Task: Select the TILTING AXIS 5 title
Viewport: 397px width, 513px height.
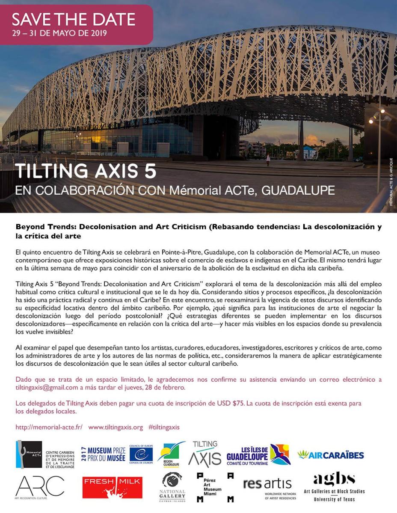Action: pyautogui.click(x=86, y=171)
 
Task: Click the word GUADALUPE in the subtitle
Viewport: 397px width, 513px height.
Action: pyautogui.click(x=298, y=190)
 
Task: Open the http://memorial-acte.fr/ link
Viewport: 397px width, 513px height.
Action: pyautogui.click(x=49, y=427)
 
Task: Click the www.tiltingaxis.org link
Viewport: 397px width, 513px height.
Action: pyautogui.click(x=115, y=427)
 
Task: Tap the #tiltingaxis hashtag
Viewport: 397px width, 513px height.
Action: pyautogui.click(x=164, y=427)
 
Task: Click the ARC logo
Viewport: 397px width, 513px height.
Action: pyautogui.click(x=39, y=486)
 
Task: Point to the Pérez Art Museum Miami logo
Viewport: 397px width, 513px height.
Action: pyautogui.click(x=215, y=487)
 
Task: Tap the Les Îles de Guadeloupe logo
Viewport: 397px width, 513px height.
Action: pyautogui.click(x=258, y=455)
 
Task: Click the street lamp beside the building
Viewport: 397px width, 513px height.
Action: pyautogui.click(x=378, y=116)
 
